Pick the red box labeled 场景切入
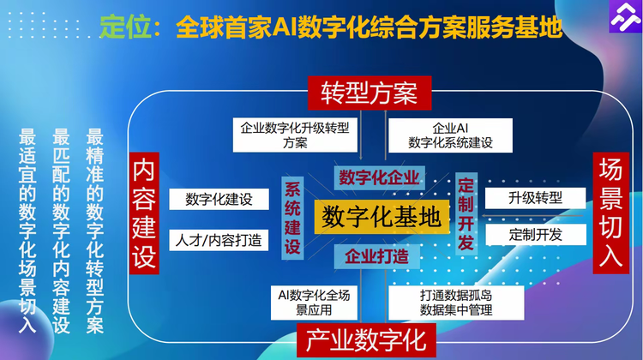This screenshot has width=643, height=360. point(610,213)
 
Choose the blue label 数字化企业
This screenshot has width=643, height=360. point(378,177)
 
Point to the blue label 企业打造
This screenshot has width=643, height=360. point(377,255)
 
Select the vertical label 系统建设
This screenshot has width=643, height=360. point(293,216)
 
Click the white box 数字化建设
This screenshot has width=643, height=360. point(219,200)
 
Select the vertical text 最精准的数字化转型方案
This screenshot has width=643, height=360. point(94,231)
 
